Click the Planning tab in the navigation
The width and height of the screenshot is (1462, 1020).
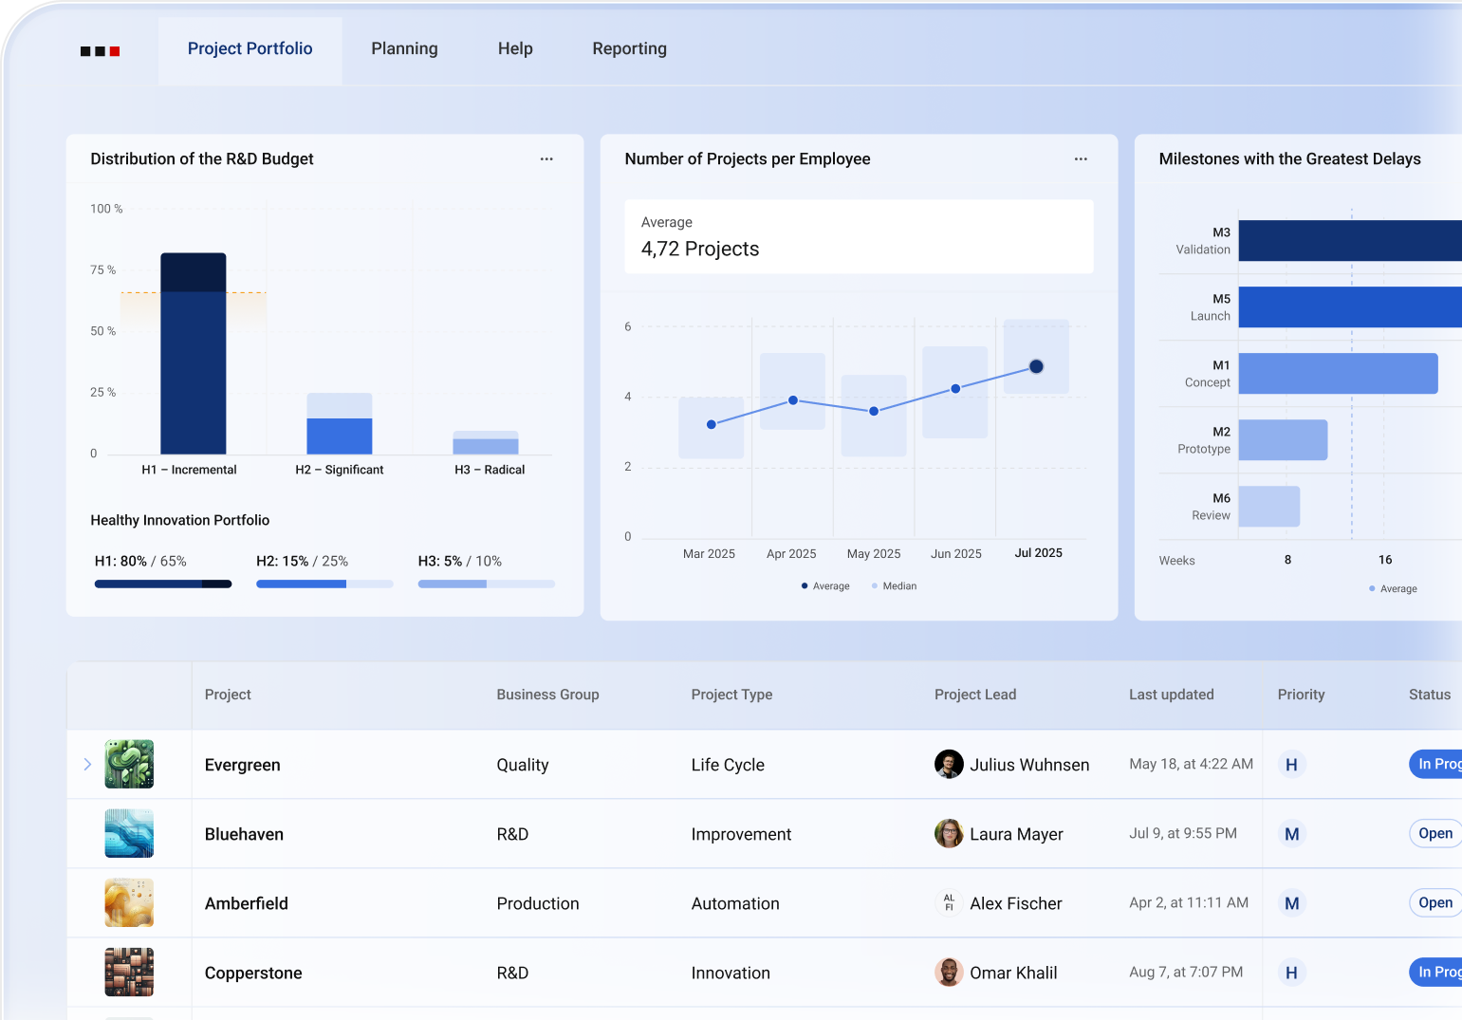404,49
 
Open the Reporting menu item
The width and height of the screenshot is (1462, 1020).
629,49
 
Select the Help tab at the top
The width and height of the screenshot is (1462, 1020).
515,49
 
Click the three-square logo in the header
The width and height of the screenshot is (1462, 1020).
100,51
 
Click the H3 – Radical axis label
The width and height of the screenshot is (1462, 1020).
490,470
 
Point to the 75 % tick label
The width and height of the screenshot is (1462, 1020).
103,270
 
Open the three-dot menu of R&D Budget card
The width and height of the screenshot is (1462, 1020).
546,159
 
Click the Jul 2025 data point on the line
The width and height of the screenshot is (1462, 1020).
1036,366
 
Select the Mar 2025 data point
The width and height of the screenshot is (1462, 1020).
712,424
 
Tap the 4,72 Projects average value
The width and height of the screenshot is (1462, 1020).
700,250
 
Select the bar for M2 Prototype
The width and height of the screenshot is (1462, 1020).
1283,440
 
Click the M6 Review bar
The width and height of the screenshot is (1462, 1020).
1268,507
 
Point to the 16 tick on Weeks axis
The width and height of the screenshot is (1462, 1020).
1384,560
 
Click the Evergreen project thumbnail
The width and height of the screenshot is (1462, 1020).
129,765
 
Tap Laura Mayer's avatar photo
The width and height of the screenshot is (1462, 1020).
949,834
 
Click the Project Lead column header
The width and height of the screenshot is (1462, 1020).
974,695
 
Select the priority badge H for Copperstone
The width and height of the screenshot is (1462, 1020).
1291,973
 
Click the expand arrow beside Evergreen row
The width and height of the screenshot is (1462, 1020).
87,765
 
